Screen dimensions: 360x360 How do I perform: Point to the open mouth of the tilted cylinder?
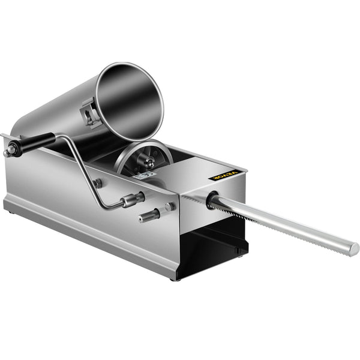tap(129, 99)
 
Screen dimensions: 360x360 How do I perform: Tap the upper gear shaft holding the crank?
tap(133, 199)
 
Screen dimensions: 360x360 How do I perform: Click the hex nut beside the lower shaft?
tap(170, 207)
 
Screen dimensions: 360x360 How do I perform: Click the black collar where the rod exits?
tap(211, 200)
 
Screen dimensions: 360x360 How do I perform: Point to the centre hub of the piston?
tap(146, 159)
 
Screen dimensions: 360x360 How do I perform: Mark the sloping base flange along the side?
tap(90, 234)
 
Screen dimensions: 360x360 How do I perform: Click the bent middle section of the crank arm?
tap(90, 174)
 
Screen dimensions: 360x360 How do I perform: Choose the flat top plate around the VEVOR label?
tap(198, 174)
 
